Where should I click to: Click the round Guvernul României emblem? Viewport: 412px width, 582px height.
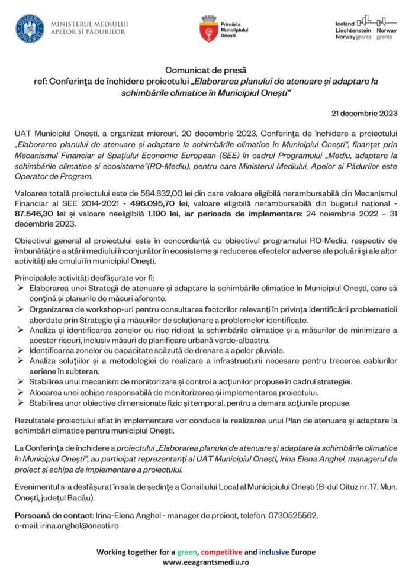[30, 28]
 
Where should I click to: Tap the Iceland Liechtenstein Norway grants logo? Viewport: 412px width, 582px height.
[365, 27]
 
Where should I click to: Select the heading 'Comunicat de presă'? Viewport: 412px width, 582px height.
[205, 70]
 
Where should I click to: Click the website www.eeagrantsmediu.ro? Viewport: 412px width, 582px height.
[205, 562]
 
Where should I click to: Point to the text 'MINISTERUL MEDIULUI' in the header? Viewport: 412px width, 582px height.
[89, 24]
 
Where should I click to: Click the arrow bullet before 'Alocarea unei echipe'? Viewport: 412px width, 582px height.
[21, 392]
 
